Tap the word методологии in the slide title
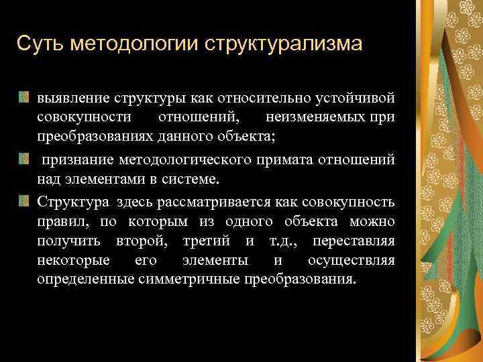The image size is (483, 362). coord(134,45)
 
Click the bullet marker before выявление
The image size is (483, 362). coord(24,99)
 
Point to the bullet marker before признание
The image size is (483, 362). coord(24,159)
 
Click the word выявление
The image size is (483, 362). coord(68,99)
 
